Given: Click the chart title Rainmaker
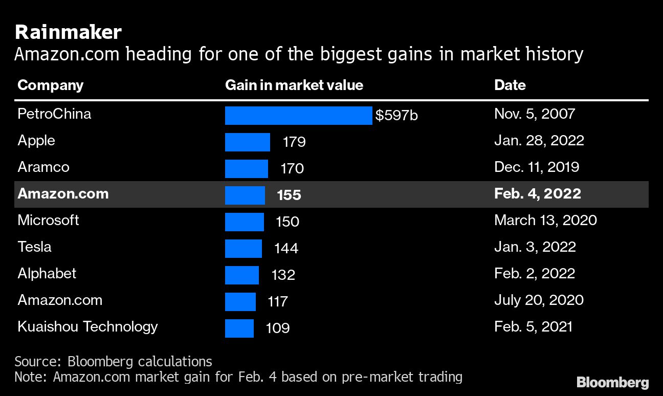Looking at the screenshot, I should tap(68, 32).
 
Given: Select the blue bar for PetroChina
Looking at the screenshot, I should tap(298, 116).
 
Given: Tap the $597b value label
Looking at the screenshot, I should tap(396, 116).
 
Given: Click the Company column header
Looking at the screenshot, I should tap(50, 85).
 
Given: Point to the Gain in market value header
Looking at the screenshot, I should tap(294, 85).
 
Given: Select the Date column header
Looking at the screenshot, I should tap(510, 85).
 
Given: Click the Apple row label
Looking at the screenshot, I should tap(36, 141).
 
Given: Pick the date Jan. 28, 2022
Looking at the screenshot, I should tap(539, 141).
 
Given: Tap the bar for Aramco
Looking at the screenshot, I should tap(246, 169).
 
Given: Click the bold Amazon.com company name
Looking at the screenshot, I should tap(63, 194).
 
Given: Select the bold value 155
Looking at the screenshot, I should tap(289, 195).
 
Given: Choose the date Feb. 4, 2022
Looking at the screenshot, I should tap(537, 194).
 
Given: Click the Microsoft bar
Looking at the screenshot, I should tap(244, 222).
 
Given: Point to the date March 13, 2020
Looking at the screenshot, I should tap(545, 221).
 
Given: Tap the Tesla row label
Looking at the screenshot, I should tap(34, 247).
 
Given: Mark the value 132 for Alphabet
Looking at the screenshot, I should tap(283, 275).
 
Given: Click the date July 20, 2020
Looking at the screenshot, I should tap(539, 300).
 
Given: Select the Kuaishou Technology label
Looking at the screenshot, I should tap(87, 327).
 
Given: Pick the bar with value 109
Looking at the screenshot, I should tap(239, 328).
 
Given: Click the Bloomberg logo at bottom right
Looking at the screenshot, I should tap(612, 382).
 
